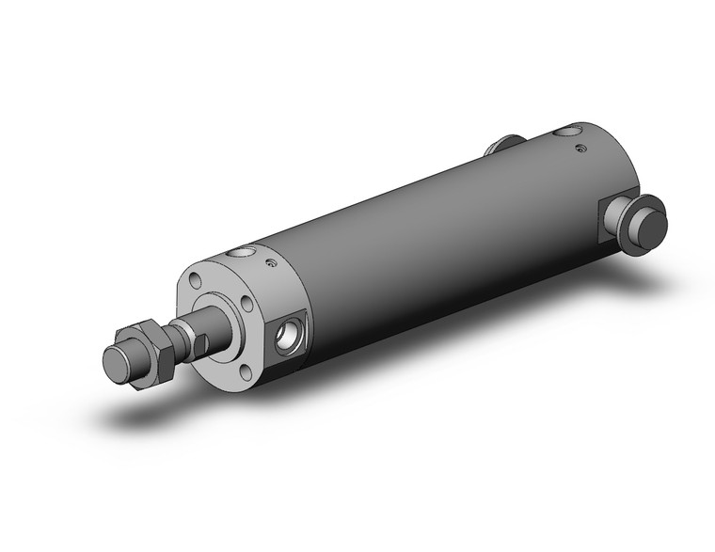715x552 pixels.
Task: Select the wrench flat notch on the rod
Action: (195, 339)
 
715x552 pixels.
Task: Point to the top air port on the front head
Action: (245, 253)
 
